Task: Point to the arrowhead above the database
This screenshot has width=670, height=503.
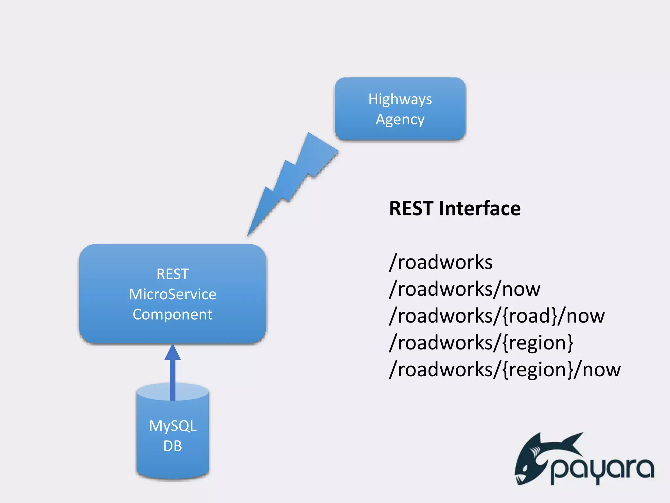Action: (172, 353)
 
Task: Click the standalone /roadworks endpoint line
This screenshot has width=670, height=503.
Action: (441, 262)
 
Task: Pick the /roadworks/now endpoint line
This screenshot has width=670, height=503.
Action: (465, 289)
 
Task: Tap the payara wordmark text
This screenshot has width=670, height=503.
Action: (602, 470)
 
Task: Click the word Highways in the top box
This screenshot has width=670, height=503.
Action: (400, 99)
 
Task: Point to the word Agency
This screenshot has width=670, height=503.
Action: (400, 120)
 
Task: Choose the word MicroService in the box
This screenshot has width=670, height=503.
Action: (172, 294)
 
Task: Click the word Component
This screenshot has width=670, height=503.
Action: (172, 314)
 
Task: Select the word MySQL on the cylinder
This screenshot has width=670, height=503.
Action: (172, 426)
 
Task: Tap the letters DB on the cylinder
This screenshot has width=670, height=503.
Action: (172, 446)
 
